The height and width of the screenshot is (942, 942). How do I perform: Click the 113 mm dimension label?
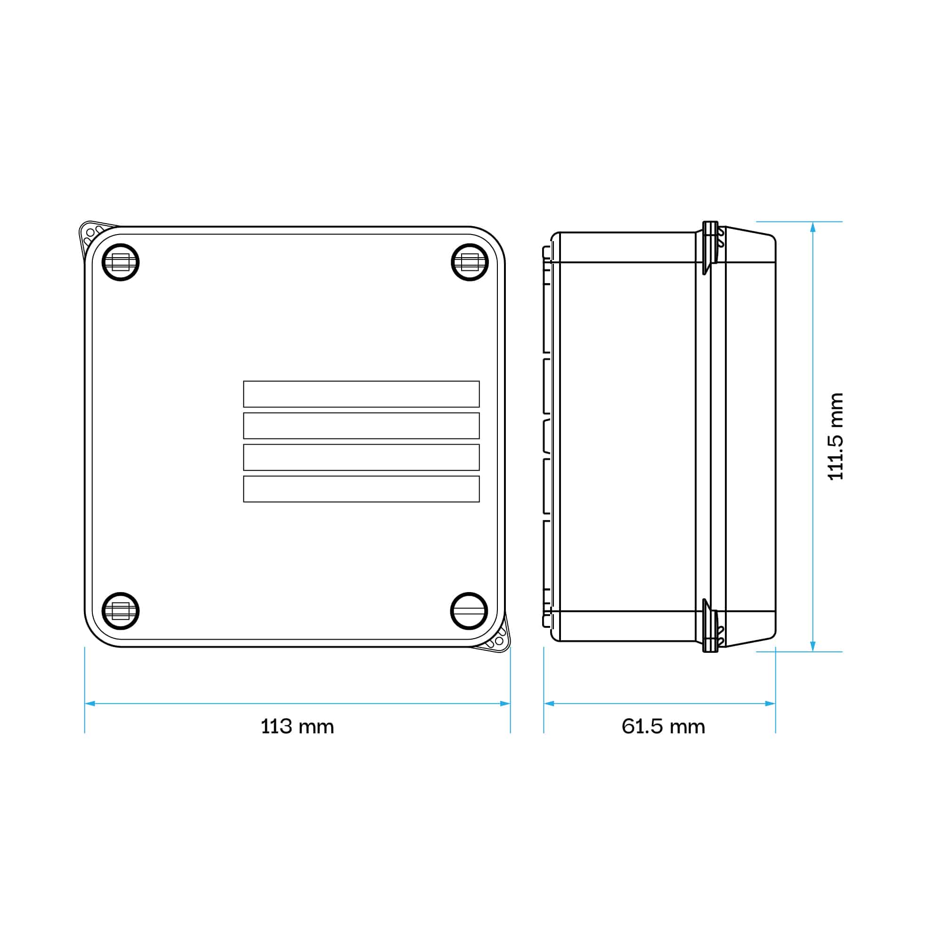297,726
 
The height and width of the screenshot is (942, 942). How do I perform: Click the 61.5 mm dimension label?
663,726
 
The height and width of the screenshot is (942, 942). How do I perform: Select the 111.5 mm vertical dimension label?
836,437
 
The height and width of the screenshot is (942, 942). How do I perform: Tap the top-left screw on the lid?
121,262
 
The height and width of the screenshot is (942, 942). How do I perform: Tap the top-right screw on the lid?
470,262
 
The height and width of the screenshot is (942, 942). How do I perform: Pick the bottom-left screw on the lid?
121,611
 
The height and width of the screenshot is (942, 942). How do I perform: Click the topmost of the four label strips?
361,394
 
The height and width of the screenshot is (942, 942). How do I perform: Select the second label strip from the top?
361,426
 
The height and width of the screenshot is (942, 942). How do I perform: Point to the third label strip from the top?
361,457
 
